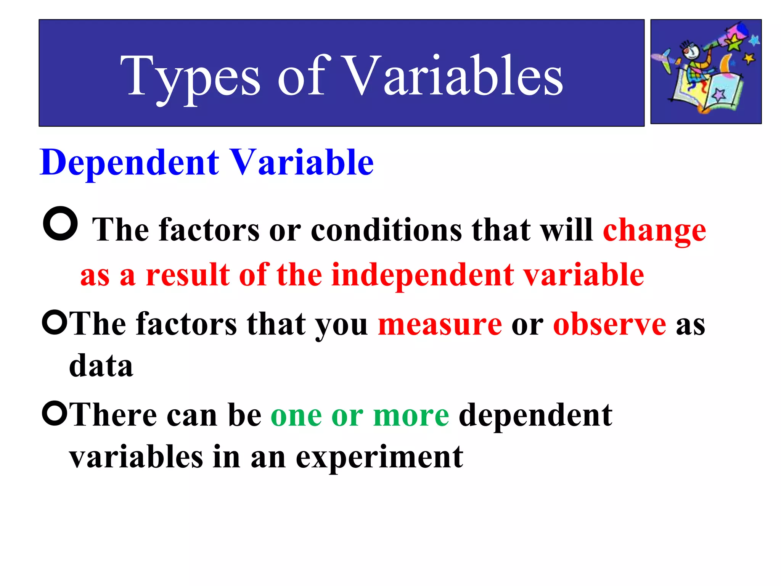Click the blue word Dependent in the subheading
[x=130, y=163]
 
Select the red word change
[x=654, y=231]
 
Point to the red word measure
[x=440, y=324]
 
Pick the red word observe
[x=609, y=324]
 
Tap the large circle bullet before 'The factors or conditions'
[x=60, y=224]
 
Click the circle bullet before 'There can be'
[x=55, y=413]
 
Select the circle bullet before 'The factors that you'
[x=55, y=322]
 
